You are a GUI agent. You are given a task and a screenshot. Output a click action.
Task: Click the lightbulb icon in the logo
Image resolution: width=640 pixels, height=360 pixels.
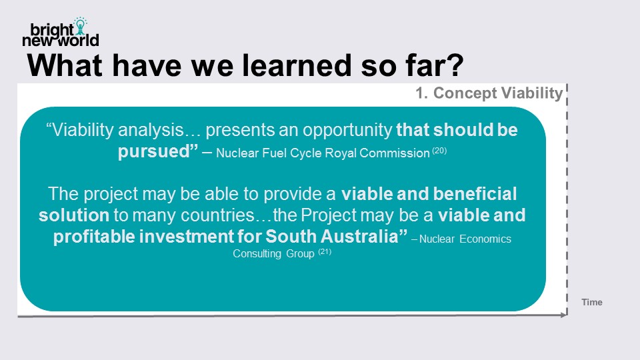tap(81, 26)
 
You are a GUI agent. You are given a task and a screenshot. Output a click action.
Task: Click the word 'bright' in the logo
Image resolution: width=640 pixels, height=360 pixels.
tap(52, 30)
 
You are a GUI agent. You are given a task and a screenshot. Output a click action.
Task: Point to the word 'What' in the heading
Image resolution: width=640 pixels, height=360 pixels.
tap(65, 65)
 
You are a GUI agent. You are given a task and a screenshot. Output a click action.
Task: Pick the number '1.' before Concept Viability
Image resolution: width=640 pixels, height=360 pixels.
tap(421, 93)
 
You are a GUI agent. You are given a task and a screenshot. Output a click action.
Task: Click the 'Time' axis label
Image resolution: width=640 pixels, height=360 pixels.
tap(592, 302)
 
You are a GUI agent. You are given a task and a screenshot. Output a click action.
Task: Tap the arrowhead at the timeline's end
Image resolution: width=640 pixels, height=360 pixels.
tap(564, 315)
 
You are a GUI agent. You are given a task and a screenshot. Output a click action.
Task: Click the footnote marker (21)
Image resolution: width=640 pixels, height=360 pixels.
tap(325, 251)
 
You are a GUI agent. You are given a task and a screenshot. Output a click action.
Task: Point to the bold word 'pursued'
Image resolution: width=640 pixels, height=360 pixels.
tap(154, 152)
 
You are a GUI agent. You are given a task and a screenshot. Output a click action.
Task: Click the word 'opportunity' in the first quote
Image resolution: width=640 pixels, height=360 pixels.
tap(347, 131)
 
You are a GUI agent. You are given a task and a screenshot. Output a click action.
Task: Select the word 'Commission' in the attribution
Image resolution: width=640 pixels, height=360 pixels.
tap(394, 153)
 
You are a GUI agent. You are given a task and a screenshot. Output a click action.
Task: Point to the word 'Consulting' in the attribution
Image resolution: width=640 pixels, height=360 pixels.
tap(257, 253)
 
